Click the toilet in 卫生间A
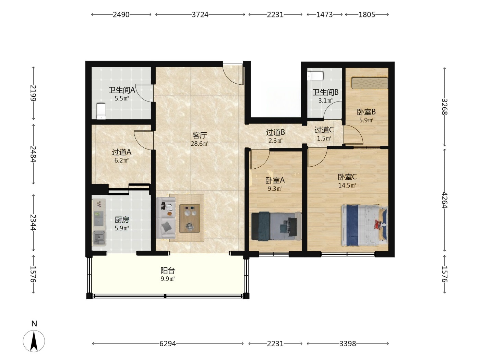[x=101, y=111]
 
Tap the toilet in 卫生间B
[x=315, y=76]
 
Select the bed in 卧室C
[x=364, y=225]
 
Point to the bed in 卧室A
[x=276, y=226]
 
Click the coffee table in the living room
[x=190, y=218]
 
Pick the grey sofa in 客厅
[x=166, y=218]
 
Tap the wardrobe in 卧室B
[x=370, y=83]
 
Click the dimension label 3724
[x=200, y=15]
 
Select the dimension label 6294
[x=168, y=344]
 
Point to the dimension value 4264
[x=445, y=200]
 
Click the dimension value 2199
[x=33, y=93]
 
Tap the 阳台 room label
[x=168, y=271]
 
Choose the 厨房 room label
[x=122, y=220]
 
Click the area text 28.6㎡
[x=200, y=144]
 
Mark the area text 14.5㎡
[x=347, y=185]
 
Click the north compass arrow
[x=34, y=341]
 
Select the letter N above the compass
[x=34, y=324]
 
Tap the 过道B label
[x=275, y=132]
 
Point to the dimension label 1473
[x=325, y=15]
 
